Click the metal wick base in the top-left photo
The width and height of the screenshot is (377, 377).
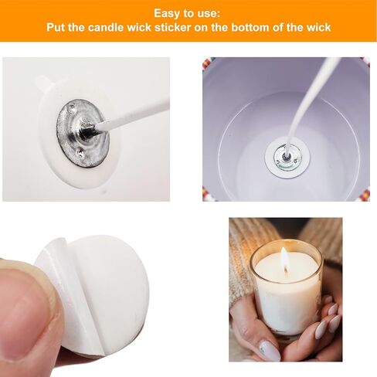[80, 133]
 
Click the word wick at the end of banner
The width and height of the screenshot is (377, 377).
[317, 28]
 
